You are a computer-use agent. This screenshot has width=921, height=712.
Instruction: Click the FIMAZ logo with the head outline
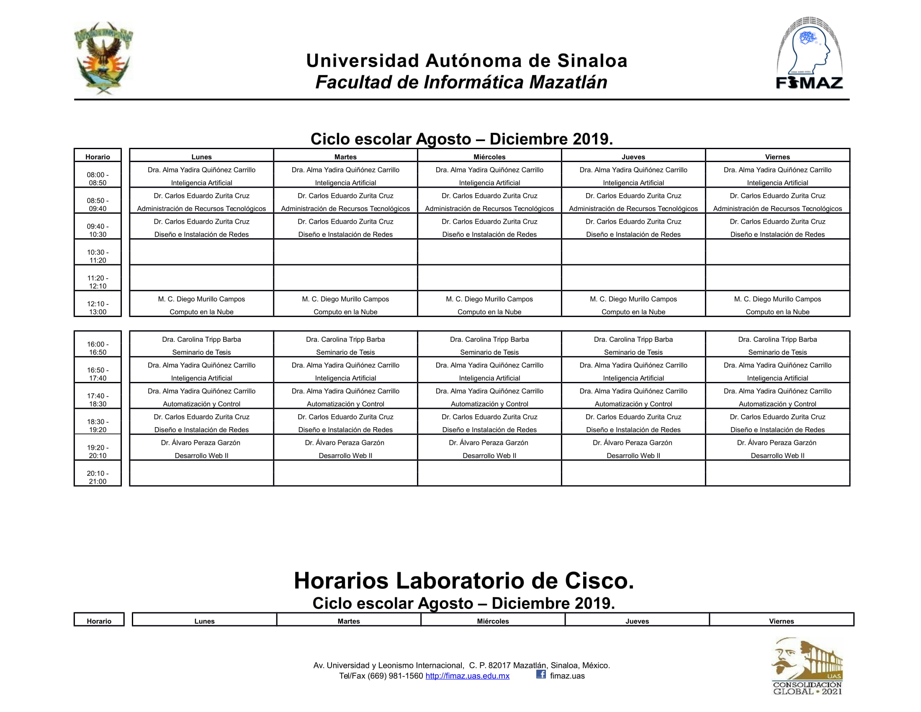(x=809, y=54)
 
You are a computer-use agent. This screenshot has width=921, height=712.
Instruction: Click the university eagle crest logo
(x=104, y=58)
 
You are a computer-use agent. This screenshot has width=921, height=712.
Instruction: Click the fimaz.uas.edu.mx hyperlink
(x=467, y=676)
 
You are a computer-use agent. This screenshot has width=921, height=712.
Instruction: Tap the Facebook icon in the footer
(x=540, y=674)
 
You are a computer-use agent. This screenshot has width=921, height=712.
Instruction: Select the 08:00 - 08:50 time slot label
(x=98, y=178)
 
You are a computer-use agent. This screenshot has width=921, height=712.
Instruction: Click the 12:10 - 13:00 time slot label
(x=98, y=307)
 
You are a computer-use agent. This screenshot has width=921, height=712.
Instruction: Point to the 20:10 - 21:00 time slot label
(x=98, y=477)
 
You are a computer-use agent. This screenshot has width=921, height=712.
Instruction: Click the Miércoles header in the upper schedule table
(x=489, y=157)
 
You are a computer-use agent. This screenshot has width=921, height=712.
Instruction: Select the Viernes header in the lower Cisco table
(x=781, y=621)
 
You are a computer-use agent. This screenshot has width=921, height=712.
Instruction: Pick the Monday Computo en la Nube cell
(x=202, y=305)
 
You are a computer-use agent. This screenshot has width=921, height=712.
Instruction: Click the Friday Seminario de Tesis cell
(x=777, y=346)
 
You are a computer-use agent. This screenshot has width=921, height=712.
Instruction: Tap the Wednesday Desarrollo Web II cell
(x=489, y=449)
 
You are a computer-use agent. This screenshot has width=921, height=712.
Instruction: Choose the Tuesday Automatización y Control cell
(x=345, y=397)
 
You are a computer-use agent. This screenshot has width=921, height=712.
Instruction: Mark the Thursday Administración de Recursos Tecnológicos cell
(x=633, y=202)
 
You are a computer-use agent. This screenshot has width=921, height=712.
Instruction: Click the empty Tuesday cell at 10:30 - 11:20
(x=345, y=252)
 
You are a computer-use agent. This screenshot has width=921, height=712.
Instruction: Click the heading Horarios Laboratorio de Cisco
(x=463, y=581)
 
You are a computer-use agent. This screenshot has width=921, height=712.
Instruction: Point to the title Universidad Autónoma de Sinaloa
(x=466, y=61)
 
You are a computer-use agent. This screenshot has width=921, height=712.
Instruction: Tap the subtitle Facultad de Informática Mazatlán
(x=461, y=82)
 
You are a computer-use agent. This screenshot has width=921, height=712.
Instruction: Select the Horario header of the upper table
(x=98, y=157)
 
